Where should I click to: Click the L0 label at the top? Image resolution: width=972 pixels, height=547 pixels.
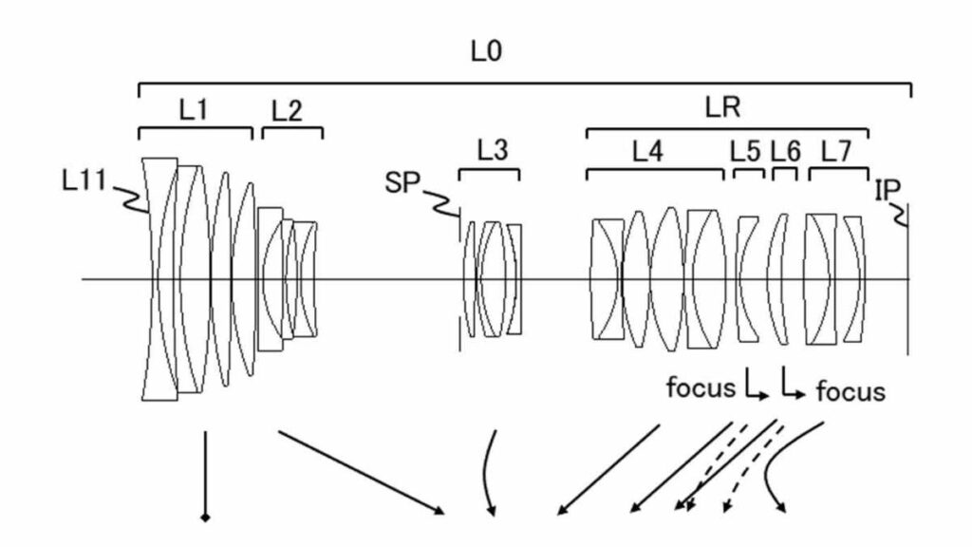click(486, 51)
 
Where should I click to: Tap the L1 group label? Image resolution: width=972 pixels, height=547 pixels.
click(194, 110)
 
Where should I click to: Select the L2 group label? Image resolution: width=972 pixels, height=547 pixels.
click(287, 111)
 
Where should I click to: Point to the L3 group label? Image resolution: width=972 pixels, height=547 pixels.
click(493, 150)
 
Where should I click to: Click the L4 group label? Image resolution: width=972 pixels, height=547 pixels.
click(647, 151)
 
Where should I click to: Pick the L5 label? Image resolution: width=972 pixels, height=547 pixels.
click(745, 151)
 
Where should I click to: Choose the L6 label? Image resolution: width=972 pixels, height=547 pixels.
click(785, 151)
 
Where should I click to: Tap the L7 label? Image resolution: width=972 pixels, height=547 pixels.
click(836, 151)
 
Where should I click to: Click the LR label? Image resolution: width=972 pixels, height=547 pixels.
click(722, 108)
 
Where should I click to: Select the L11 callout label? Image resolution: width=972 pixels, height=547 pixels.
click(84, 180)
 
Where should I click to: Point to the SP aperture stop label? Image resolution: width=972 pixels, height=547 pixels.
click(402, 183)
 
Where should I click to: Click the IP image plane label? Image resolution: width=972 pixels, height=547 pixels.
click(888, 190)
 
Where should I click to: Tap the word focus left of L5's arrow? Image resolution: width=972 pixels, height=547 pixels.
click(701, 387)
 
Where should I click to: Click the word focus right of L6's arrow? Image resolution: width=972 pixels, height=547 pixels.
click(850, 391)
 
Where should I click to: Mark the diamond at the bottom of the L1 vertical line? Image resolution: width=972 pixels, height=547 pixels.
click(205, 518)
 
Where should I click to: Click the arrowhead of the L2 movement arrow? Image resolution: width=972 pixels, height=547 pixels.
click(439, 510)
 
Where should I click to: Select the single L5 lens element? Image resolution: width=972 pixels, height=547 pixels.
click(747, 279)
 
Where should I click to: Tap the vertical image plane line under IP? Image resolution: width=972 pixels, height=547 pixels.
click(908, 279)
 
